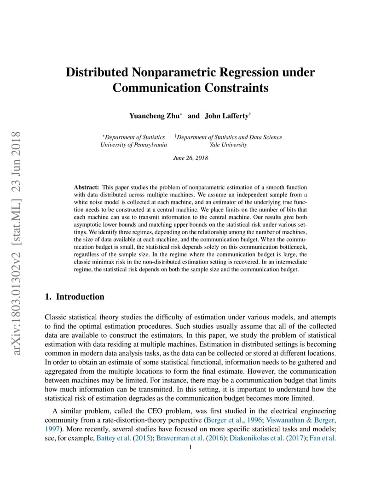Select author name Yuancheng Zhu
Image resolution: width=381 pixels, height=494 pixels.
point(155,116)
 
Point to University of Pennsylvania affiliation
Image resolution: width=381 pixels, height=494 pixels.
point(133,145)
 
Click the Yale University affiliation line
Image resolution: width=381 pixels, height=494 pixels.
point(228,145)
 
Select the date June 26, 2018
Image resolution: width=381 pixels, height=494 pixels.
point(190,158)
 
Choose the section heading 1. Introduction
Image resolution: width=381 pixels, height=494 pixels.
point(75,297)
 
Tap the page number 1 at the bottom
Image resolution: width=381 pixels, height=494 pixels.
point(190,447)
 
